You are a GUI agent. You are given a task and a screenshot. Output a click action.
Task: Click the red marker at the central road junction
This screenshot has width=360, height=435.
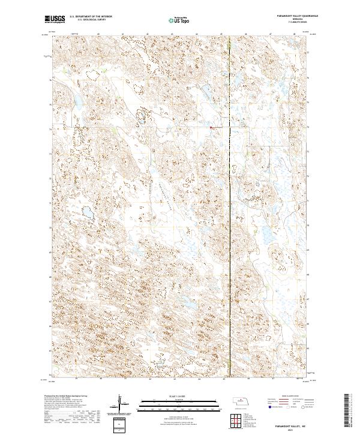(211, 127)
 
